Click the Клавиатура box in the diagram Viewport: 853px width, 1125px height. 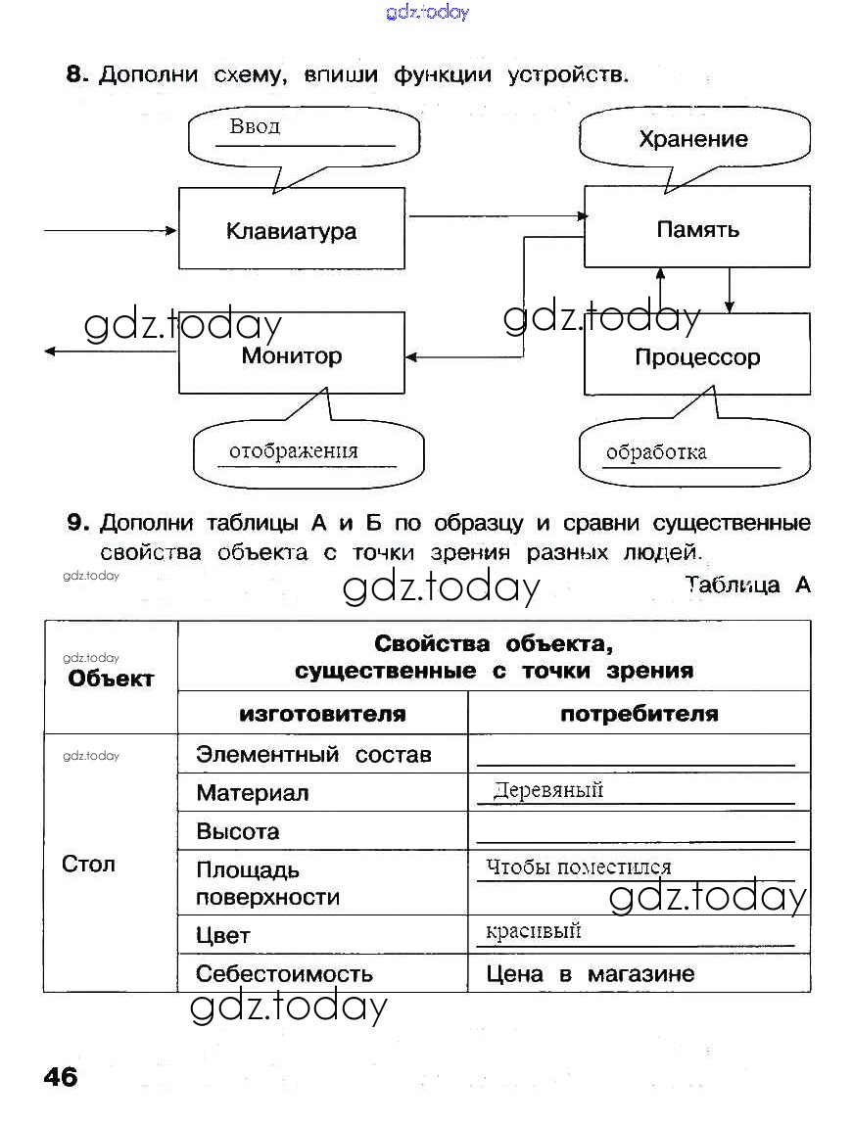coord(291,230)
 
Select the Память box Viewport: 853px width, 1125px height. coord(697,230)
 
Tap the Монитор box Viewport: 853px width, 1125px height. coord(291,354)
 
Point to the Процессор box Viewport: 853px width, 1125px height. coord(697,356)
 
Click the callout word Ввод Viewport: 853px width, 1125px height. coord(255,126)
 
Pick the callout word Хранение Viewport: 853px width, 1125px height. coord(692,139)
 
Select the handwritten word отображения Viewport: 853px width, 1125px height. coord(294,451)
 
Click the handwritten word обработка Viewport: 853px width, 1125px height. coord(656,452)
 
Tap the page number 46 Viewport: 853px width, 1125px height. coord(61,1076)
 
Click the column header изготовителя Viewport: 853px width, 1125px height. coord(322,714)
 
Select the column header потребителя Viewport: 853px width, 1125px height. coord(639,714)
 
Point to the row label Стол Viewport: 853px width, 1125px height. coord(88,864)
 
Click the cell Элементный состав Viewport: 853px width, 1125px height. coord(313,755)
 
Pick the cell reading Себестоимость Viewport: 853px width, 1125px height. coord(284,974)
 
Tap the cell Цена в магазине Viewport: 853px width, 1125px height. coord(590,974)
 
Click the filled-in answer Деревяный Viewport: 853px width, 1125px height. coord(548,790)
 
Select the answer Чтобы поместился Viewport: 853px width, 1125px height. coord(579,867)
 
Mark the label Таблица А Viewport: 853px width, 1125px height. coord(747,586)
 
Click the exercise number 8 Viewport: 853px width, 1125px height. coord(77,74)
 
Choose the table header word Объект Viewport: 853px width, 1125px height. coord(111,679)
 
